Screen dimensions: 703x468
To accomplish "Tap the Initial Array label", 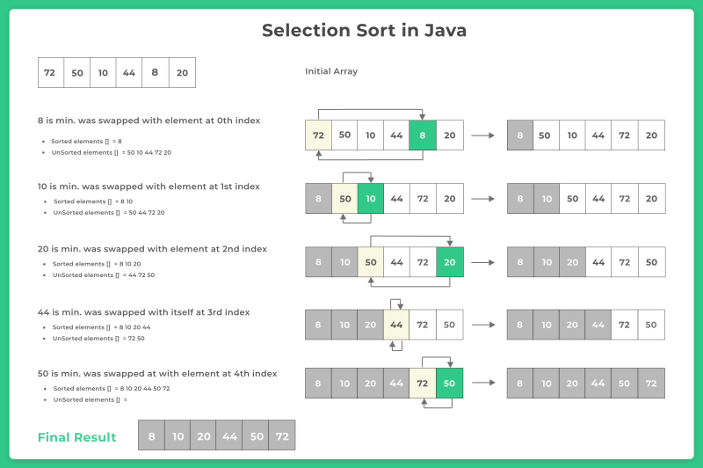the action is (x=331, y=71).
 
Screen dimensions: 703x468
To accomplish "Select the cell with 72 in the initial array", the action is (x=51, y=73).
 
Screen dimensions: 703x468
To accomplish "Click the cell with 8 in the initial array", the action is (x=156, y=73).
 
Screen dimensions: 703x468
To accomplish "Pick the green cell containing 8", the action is (x=423, y=135).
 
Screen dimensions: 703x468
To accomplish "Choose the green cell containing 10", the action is (x=371, y=198).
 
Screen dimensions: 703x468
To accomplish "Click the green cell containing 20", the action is (x=450, y=262).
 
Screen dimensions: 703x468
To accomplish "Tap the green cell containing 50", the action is (x=449, y=384).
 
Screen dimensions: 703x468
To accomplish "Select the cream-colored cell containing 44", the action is (x=396, y=325).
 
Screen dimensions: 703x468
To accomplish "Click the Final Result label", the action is (x=76, y=437).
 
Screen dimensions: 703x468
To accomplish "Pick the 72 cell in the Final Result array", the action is (x=282, y=435).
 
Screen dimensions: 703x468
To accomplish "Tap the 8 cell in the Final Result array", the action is (x=151, y=435).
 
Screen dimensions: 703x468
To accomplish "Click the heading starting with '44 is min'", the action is (x=143, y=312).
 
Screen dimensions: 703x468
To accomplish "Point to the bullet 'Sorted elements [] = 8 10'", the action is (x=93, y=201).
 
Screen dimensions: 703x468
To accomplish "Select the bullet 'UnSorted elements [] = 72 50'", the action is (x=98, y=339).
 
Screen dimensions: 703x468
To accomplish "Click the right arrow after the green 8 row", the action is (x=482, y=135).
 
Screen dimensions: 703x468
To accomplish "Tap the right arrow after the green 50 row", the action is (x=484, y=383).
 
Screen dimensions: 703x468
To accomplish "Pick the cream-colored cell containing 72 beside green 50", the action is (x=423, y=384).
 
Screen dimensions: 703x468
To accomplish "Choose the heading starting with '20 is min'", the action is (x=152, y=249).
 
